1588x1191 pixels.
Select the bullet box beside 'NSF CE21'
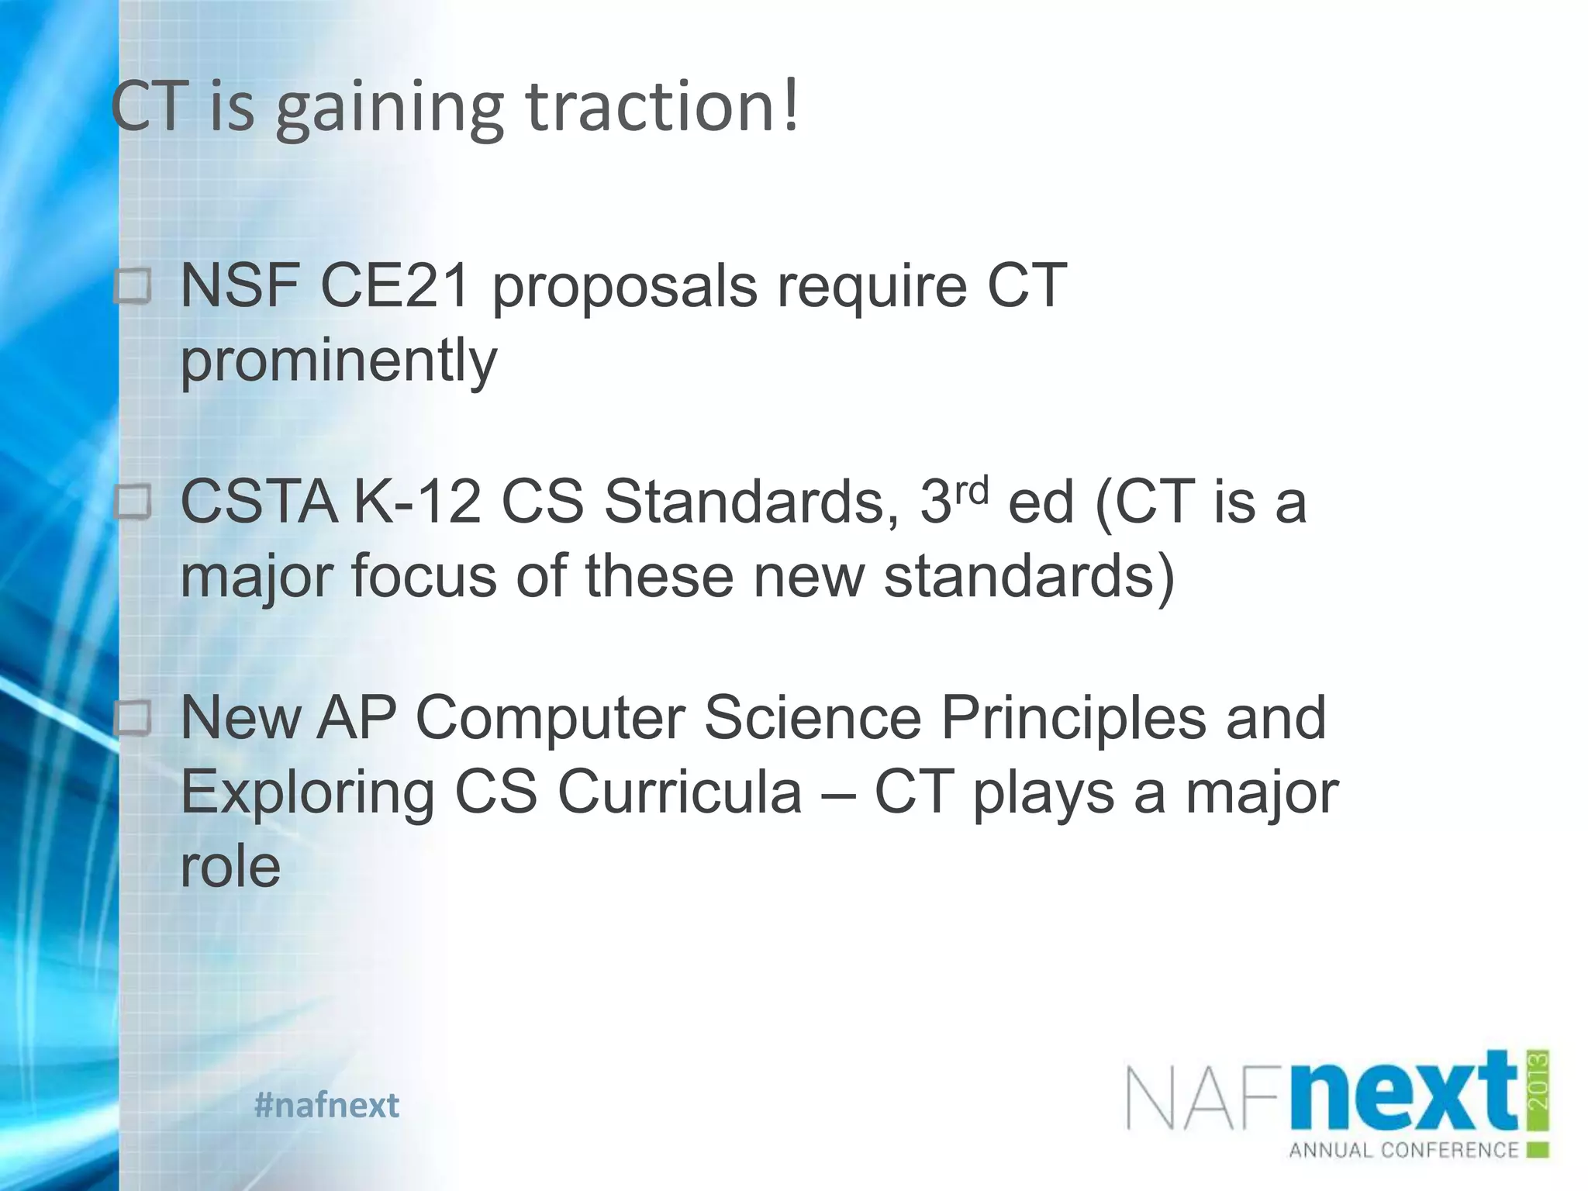pyautogui.click(x=133, y=288)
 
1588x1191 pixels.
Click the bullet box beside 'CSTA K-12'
pyautogui.click(x=133, y=503)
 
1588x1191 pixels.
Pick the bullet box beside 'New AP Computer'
pyautogui.click(x=133, y=719)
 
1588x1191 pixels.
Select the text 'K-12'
pyautogui.click(x=417, y=502)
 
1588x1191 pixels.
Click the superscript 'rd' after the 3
pyautogui.click(x=971, y=490)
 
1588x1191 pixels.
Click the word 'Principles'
pyautogui.click(x=1073, y=718)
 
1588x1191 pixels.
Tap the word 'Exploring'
pyautogui.click(x=307, y=794)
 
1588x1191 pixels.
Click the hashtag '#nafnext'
pyautogui.click(x=326, y=1105)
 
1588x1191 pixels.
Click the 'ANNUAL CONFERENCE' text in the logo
pyautogui.click(x=1403, y=1150)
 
